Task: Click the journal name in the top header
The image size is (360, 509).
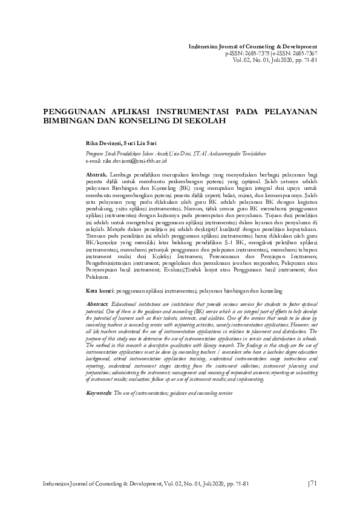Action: [253, 47]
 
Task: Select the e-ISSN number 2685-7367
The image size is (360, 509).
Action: [301, 53]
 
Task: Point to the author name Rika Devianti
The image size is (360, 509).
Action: [103, 143]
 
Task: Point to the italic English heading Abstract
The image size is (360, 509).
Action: [97, 303]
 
